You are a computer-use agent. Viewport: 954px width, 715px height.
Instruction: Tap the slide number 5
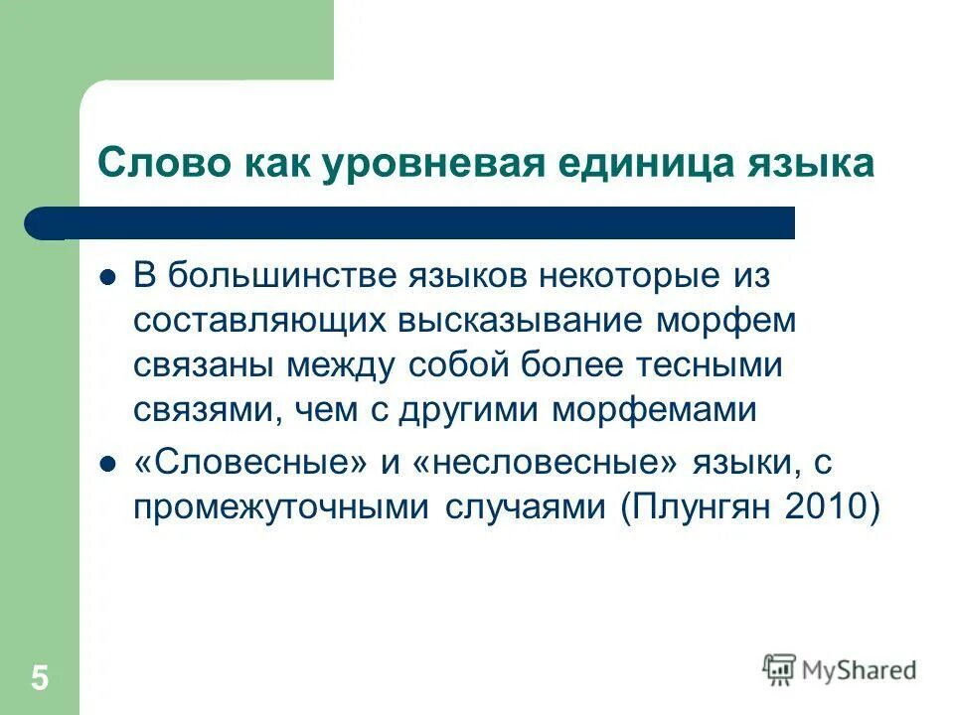(x=40, y=679)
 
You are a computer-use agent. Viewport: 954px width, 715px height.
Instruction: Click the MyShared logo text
(x=858, y=670)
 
